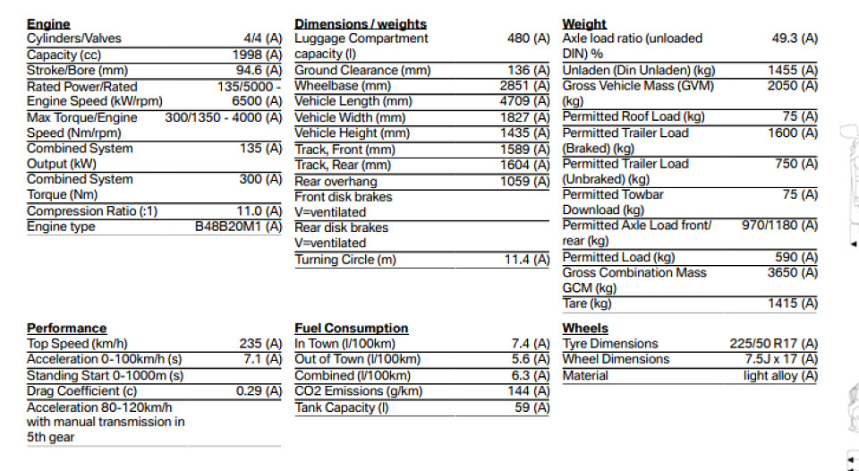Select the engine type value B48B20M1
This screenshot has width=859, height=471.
click(x=238, y=227)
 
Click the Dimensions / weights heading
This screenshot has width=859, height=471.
click(x=361, y=24)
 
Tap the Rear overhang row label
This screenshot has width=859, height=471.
click(x=332, y=181)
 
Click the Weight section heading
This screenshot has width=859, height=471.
click(x=584, y=24)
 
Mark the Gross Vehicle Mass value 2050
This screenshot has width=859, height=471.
click(x=792, y=86)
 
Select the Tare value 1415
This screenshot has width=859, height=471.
click(x=792, y=304)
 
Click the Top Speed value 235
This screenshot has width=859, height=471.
click(x=260, y=344)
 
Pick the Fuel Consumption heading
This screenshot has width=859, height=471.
click(x=352, y=329)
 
